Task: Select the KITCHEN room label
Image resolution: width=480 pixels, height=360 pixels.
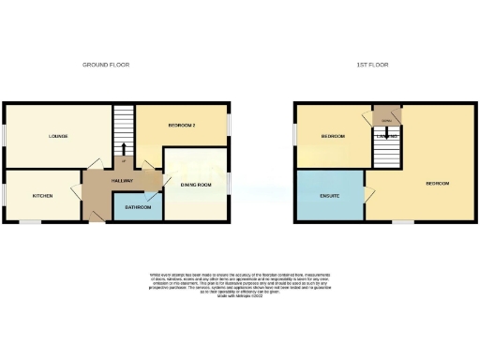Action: [42, 196]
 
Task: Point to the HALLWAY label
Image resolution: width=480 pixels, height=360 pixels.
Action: [121, 180]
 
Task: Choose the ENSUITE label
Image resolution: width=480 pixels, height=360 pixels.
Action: [328, 196]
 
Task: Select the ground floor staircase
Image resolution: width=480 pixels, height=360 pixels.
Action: [124, 131]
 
